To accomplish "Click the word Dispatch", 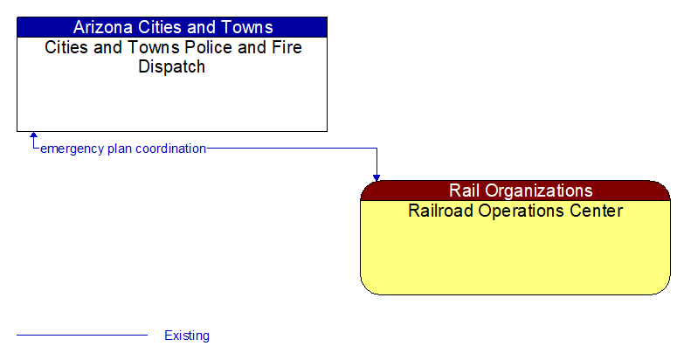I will pyautogui.click(x=172, y=67).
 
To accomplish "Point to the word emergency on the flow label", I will pyautogui.click(x=72, y=149).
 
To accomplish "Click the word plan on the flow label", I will pyautogui.click(x=121, y=149).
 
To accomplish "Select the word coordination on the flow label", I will pyautogui.click(x=171, y=149).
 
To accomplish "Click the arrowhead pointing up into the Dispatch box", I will pyautogui.click(x=33, y=136).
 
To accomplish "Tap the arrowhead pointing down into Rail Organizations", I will pyautogui.click(x=377, y=177).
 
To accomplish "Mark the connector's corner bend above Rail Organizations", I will pyautogui.click(x=377, y=149).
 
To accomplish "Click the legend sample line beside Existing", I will pyautogui.click(x=82, y=336).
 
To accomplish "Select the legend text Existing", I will pyautogui.click(x=187, y=336).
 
